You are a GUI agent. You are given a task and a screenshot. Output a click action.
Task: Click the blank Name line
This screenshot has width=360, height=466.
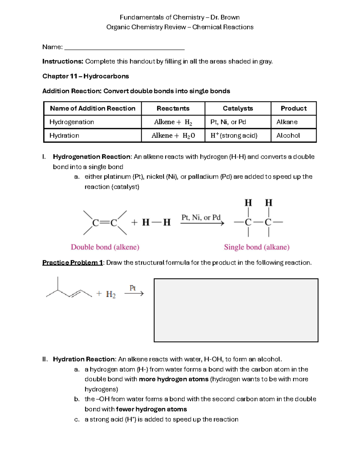(x=124, y=48)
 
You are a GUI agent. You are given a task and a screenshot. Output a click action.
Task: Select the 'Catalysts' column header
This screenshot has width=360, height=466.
(x=238, y=108)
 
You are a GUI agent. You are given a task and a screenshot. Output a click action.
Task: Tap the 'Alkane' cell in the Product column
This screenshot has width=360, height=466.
(x=287, y=122)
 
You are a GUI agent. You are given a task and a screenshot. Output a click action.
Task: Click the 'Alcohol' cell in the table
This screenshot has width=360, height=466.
(x=288, y=135)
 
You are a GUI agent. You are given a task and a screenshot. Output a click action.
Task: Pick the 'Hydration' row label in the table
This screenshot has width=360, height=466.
(x=64, y=135)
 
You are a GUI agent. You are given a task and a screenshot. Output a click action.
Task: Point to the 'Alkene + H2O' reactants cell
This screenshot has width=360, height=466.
(x=173, y=136)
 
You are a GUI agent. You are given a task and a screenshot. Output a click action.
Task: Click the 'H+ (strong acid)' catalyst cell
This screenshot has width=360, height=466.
(x=234, y=135)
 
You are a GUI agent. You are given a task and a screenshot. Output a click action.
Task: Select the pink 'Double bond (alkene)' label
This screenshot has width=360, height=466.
(x=105, y=247)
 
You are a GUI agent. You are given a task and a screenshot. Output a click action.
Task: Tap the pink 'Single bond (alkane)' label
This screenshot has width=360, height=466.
(x=256, y=247)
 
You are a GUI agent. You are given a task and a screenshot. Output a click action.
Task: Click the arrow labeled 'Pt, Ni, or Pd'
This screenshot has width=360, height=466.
(x=202, y=223)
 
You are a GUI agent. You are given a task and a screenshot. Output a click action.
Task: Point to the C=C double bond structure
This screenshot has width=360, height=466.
(x=105, y=223)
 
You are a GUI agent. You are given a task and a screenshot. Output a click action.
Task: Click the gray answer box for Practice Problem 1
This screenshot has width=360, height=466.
(x=236, y=310)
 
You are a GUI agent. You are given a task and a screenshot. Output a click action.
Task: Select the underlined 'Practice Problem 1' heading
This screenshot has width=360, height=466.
(x=72, y=263)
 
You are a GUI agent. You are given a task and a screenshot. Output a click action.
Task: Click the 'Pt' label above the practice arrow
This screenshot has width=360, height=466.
(x=133, y=288)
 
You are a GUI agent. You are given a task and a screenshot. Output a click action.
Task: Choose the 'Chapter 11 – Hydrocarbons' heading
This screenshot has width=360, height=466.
(x=85, y=76)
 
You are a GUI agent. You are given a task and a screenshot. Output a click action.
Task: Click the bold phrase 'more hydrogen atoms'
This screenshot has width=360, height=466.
(x=173, y=379)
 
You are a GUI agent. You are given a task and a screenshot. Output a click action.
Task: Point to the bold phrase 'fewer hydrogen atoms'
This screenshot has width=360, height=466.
(x=151, y=409)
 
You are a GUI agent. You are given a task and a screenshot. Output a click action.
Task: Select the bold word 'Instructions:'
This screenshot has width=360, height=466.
(x=62, y=62)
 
